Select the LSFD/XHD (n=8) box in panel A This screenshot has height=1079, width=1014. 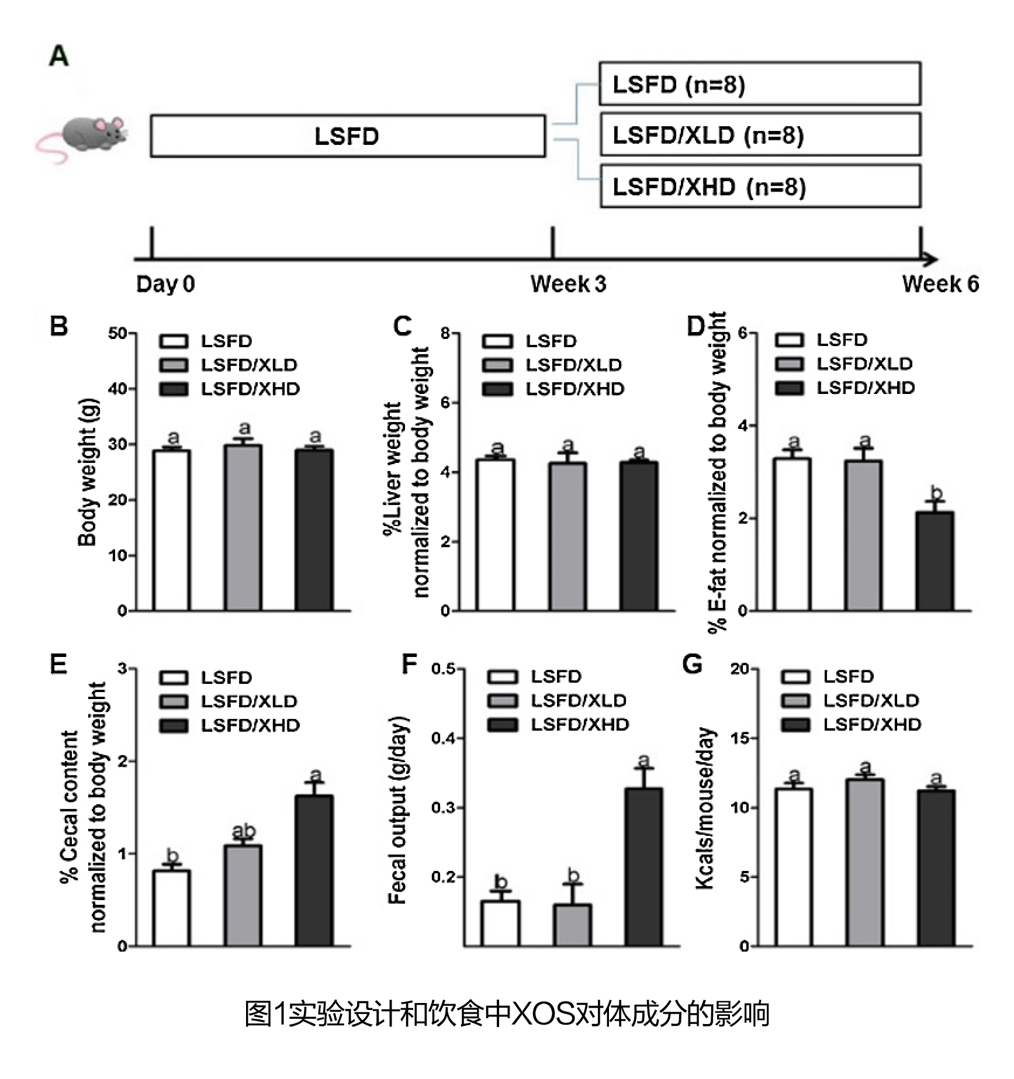[x=760, y=186]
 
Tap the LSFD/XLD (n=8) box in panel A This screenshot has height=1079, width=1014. [x=760, y=135]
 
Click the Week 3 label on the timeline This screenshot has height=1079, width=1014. [x=568, y=284]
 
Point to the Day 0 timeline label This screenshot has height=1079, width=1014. [x=165, y=284]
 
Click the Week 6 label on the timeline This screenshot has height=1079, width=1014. [x=940, y=284]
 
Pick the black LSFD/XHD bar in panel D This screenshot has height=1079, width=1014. [x=935, y=562]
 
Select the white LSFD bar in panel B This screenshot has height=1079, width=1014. [x=171, y=531]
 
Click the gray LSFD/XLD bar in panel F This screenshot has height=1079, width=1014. [x=572, y=925]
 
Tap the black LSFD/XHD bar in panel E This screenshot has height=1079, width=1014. [x=314, y=871]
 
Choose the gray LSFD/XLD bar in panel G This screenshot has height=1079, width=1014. [x=864, y=863]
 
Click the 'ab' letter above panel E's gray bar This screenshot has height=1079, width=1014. [x=244, y=831]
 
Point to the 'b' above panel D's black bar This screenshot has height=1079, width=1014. [x=936, y=493]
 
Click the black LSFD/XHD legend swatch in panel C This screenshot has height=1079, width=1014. [x=498, y=389]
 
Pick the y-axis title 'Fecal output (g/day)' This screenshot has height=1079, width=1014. [x=397, y=810]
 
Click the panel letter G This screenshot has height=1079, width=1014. [x=693, y=665]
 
